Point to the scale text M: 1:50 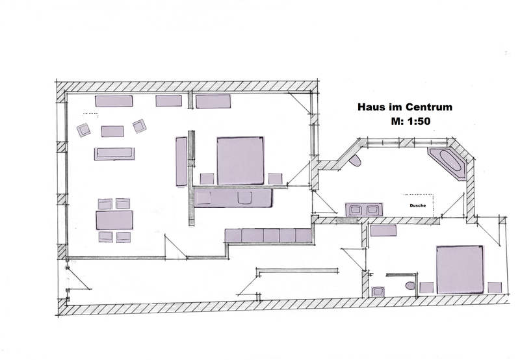click(x=411, y=122)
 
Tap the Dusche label click(x=417, y=205)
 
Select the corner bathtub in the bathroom click(x=448, y=163)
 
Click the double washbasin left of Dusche click(x=364, y=209)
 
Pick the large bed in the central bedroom click(x=240, y=161)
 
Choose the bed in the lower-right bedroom click(x=460, y=270)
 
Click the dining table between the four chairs click(x=114, y=220)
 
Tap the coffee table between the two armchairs click(x=112, y=131)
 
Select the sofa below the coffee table click(x=114, y=154)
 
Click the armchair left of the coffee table click(x=84, y=129)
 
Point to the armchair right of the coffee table click(x=140, y=126)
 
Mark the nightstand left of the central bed click(x=207, y=179)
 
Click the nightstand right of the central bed click(x=275, y=179)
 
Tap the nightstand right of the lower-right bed click(x=495, y=287)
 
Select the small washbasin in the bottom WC click(x=378, y=291)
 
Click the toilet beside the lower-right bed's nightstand click(x=410, y=285)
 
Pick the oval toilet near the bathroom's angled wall click(x=356, y=160)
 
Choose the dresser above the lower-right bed click(x=383, y=231)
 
